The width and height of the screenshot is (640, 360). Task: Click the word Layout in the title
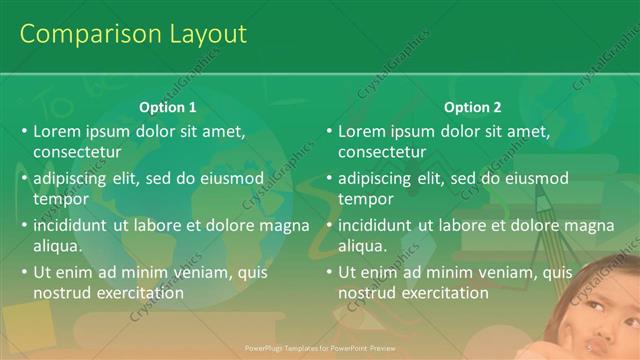click(200, 34)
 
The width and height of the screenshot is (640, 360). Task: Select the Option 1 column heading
click(166, 107)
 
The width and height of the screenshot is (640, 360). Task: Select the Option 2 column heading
click(472, 107)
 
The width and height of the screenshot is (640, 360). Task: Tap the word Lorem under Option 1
click(56, 131)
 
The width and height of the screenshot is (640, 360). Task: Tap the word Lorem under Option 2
click(361, 131)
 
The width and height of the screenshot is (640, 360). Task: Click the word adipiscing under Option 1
click(72, 178)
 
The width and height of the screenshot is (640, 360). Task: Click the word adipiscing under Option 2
click(377, 178)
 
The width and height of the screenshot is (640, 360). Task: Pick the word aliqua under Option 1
click(57, 245)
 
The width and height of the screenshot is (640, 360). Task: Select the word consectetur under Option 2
click(382, 152)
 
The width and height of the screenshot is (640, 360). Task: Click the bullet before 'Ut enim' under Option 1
click(24, 272)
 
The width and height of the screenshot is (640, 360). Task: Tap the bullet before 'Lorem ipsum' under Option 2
click(329, 131)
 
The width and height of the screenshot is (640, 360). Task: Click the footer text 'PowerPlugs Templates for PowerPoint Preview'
click(319, 349)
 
